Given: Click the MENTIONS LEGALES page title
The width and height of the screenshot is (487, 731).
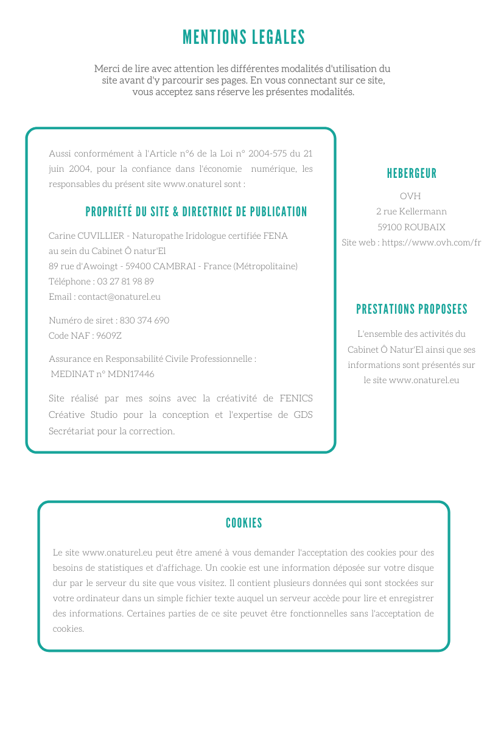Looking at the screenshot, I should tap(243, 38).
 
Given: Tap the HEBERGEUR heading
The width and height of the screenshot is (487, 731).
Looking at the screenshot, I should tap(412, 174).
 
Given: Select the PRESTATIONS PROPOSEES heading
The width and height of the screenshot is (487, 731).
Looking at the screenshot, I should tap(412, 309).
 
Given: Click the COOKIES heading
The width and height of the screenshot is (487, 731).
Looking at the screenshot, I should tap(243, 523).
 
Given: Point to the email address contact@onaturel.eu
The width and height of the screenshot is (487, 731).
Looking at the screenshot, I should tap(119, 297).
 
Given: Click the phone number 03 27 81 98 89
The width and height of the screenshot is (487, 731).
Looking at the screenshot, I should tap(125, 281).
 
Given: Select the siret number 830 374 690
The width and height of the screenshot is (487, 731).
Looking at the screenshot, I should tap(144, 320).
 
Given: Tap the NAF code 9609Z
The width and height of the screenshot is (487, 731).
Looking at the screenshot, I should tap(109, 336).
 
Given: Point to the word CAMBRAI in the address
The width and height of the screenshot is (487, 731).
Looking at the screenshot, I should tap(175, 266).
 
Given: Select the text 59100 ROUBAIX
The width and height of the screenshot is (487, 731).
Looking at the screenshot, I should tap(411, 227).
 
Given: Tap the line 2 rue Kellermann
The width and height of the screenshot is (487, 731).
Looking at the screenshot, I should tap(411, 211).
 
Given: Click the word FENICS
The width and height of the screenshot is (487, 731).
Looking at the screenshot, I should tap(296, 398).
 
